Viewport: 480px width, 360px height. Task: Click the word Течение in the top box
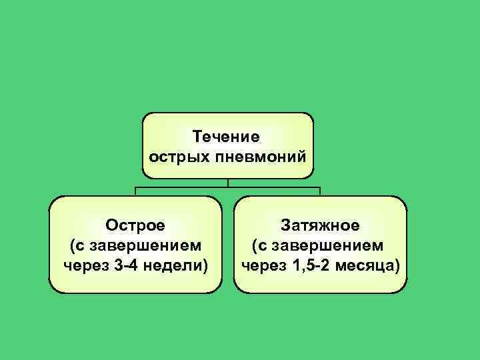[227, 137]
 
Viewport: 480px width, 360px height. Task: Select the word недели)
[177, 266]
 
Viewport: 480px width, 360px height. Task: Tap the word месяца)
[369, 266]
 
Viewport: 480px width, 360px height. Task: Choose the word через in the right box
[263, 266]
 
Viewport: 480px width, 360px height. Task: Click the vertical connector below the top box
[228, 183]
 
